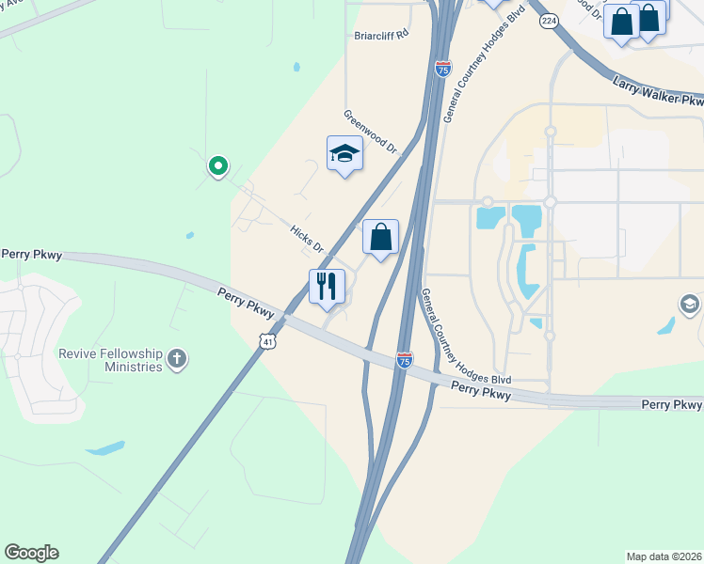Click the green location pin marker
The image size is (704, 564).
(218, 167)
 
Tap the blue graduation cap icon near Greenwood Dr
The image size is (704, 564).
(344, 153)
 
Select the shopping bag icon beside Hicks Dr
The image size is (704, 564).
(380, 237)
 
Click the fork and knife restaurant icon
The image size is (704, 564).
(328, 287)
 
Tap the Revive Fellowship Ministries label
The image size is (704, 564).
(111, 360)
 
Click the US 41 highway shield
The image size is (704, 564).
(270, 339)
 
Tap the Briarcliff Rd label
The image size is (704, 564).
(382, 35)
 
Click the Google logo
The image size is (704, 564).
(31, 553)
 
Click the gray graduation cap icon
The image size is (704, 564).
(691, 305)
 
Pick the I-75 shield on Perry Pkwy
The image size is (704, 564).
(405, 360)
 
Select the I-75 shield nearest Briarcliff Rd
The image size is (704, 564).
(443, 68)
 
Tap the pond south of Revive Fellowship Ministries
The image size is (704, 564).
(104, 447)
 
